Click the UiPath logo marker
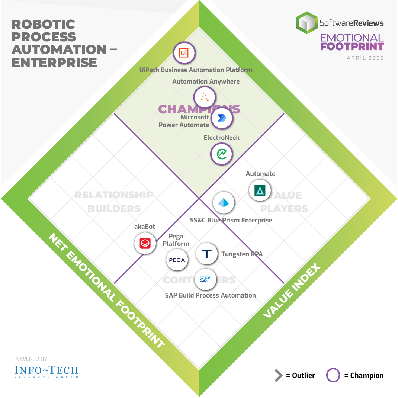pos(184,53)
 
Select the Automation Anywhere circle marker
pos(205,97)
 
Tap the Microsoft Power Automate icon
pos(222,118)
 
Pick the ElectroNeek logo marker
pos(222,154)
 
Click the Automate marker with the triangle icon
pos(260,190)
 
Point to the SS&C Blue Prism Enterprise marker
pos(224,203)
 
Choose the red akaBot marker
pos(145,243)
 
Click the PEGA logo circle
pos(177,260)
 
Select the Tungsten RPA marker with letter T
pos(206,254)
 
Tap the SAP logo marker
pos(205,279)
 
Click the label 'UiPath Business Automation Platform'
pos(196,70)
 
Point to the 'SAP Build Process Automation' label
pos(210,295)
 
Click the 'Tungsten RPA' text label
pos(242,254)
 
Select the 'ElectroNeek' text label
pos(221,138)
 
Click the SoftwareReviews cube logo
pos(306,23)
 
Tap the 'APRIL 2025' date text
pos(365,58)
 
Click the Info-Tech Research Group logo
pos(46,371)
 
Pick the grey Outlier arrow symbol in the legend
pos(278,376)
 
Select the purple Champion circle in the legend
pos(333,375)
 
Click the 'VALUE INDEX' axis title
pos(292,291)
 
